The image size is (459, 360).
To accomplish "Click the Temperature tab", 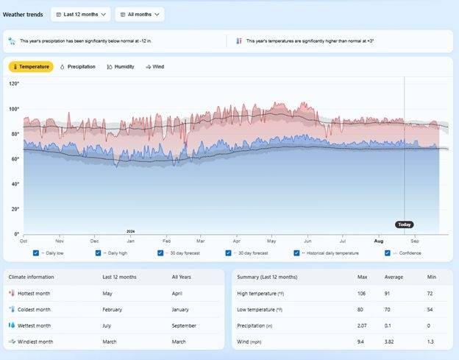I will coord(31,67).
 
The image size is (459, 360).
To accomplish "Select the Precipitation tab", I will coord(77,67).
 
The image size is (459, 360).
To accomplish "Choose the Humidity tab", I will coord(121,67).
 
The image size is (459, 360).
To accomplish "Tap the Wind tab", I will coord(155,67).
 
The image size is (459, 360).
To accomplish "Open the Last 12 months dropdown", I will coord(81,14).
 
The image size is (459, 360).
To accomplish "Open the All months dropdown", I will coord(140,14).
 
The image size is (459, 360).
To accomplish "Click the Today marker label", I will coord(404,225).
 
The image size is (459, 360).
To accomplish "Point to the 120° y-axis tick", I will coord(14,84).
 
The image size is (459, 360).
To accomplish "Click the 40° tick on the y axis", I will coord(15,184).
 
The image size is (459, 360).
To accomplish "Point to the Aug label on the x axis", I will coord(378,241).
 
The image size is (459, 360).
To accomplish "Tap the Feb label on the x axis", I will coord(167,241).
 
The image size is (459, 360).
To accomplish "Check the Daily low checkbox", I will coord(36,253).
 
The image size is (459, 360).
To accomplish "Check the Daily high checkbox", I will coord(98,253).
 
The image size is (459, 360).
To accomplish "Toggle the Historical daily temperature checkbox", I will coord(296,253).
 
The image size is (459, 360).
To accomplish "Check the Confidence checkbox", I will coord(388,253).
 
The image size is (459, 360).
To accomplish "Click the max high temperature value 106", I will coord(362,293).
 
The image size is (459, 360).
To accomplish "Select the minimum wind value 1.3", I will coord(432,341).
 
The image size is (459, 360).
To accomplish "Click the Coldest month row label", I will coord(34,309).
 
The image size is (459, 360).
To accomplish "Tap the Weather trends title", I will coord(24,14).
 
